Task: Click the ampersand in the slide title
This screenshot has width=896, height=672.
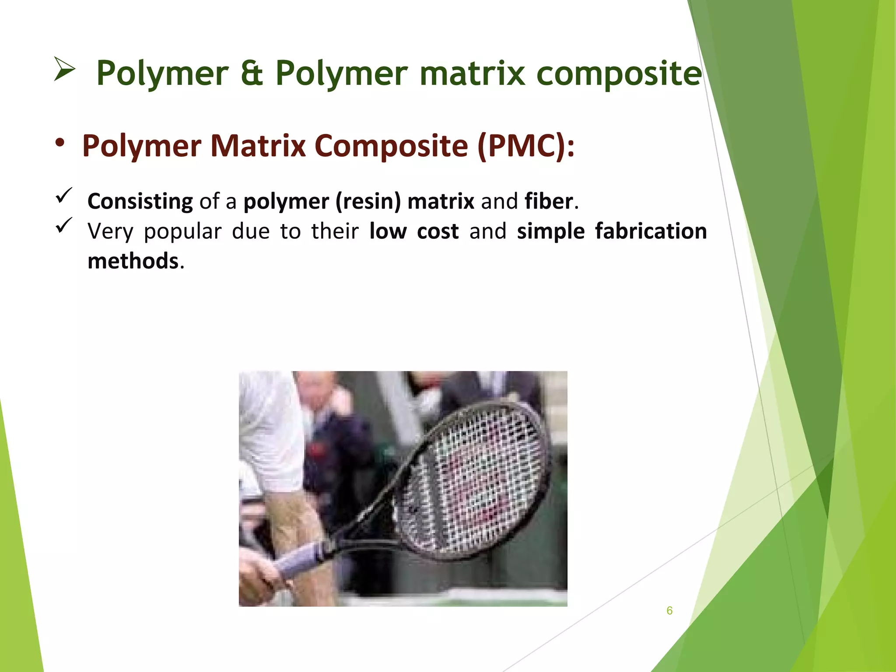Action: click(x=252, y=73)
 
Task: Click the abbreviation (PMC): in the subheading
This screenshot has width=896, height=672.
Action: click(x=526, y=146)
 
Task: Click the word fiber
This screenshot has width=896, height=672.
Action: click(x=549, y=201)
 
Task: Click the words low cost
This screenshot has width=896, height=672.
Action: click(x=414, y=231)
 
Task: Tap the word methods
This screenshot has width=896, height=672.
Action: click(x=133, y=261)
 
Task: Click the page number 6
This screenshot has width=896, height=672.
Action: click(x=669, y=611)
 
